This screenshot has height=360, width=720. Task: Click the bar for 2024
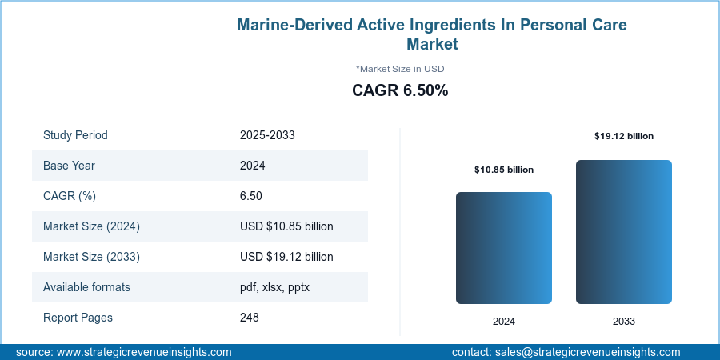click(x=504, y=248)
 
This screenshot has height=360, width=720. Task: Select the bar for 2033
click(x=624, y=232)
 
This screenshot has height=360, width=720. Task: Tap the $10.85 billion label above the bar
click(x=504, y=170)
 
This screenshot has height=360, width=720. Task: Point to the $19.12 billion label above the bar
click(x=624, y=136)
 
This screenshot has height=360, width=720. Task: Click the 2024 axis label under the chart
click(x=504, y=321)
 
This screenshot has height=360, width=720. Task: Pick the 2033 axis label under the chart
click(x=624, y=321)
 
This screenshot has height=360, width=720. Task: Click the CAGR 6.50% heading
click(x=400, y=90)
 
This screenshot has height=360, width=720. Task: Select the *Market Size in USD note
click(x=400, y=69)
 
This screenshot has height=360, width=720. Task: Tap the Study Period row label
click(x=75, y=135)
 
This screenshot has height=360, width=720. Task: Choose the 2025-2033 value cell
click(x=267, y=135)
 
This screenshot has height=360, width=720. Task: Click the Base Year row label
click(x=70, y=166)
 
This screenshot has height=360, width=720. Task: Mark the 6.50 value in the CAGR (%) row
click(x=251, y=196)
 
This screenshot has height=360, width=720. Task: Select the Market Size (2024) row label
click(x=91, y=226)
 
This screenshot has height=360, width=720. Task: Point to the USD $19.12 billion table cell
click(x=286, y=257)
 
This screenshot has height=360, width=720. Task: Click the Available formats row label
click(x=86, y=287)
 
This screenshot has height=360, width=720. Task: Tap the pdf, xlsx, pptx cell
click(x=274, y=287)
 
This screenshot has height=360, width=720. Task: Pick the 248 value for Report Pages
click(x=250, y=318)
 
